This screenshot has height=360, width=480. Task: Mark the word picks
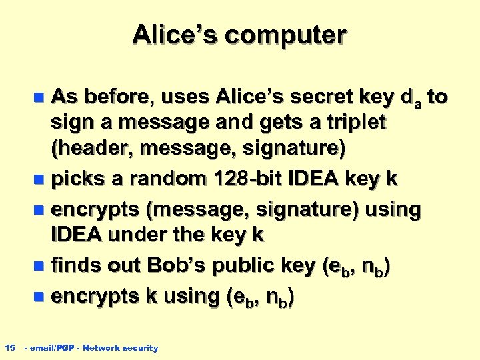point(75,179)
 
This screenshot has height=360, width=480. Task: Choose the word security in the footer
point(139,348)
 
